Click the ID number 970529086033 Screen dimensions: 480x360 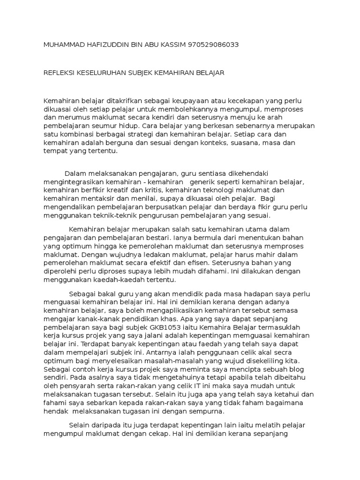(213, 45)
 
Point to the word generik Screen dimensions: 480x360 (204, 181)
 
